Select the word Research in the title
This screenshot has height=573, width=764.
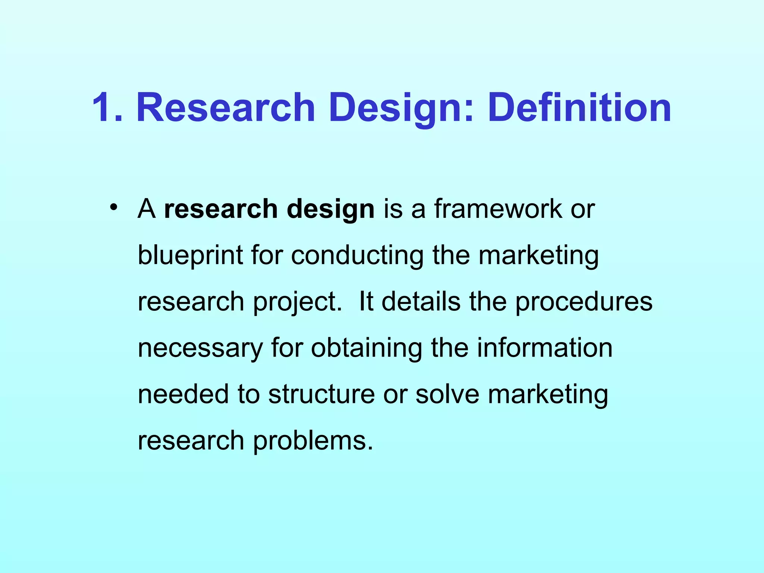click(x=226, y=108)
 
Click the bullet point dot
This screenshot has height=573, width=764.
click(x=114, y=207)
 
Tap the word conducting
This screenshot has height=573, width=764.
click(x=357, y=256)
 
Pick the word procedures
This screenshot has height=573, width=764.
click(x=584, y=302)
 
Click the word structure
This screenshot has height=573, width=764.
click(x=321, y=395)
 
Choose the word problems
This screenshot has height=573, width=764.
click(x=313, y=441)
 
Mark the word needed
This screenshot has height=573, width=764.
click(x=183, y=395)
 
